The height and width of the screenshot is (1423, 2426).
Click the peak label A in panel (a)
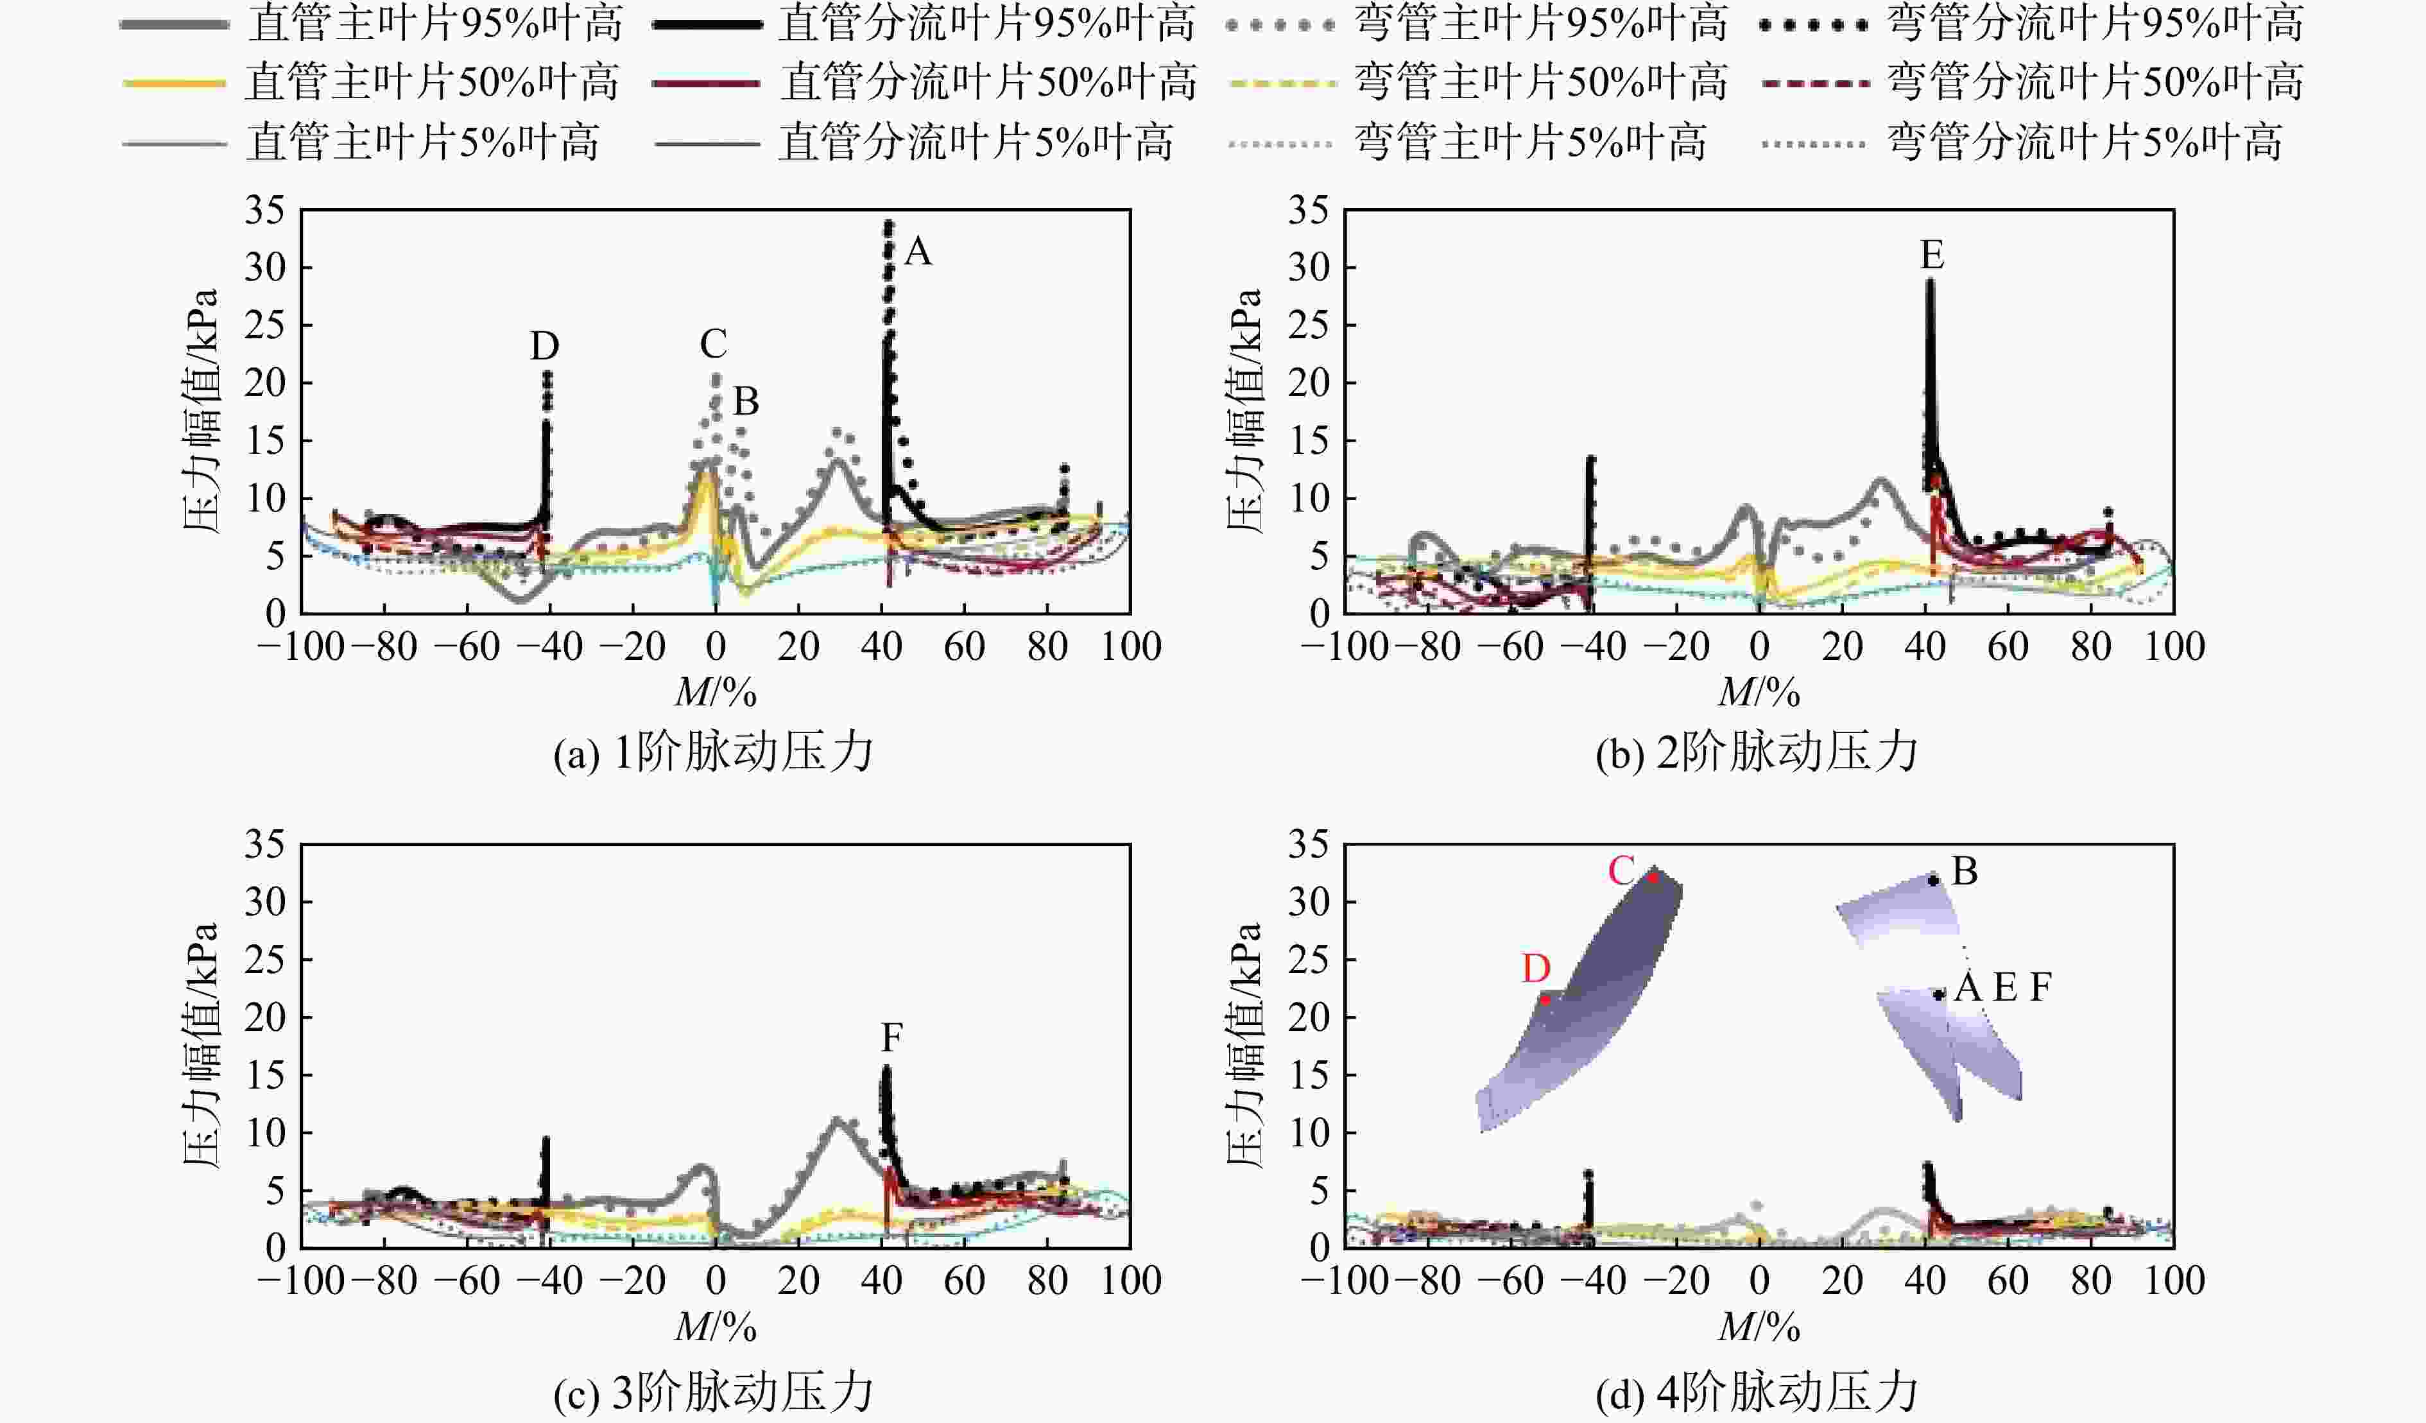(x=918, y=252)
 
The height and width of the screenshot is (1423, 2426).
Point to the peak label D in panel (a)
(x=544, y=345)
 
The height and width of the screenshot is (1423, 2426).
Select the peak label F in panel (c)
(x=891, y=1039)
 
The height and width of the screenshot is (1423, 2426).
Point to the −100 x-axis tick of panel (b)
(x=1345, y=645)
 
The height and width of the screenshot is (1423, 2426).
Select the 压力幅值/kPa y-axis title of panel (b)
(x=1245, y=410)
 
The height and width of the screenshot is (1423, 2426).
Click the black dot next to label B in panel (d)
(x=1932, y=880)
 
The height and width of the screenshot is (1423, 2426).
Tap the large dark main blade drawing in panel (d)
(x=1579, y=1001)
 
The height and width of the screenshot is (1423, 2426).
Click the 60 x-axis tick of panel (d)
(x=2008, y=1281)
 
